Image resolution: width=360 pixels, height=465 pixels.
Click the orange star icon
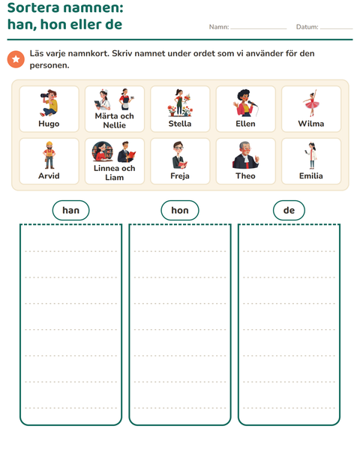coord(16,59)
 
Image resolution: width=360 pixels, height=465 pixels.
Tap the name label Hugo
coord(49,124)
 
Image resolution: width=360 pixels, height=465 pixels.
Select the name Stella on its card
coord(180,124)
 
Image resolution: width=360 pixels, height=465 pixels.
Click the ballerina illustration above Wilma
coord(311,103)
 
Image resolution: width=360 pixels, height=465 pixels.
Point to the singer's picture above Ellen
coord(245,103)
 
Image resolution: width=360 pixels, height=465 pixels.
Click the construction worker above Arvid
coord(49,155)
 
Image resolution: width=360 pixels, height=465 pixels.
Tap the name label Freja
coord(180,175)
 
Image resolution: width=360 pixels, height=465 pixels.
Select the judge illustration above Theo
coord(245,155)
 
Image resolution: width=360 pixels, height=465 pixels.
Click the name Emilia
coord(311,175)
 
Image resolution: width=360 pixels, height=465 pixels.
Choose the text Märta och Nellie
coord(115,121)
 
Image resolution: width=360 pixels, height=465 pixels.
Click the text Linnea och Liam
coord(115,172)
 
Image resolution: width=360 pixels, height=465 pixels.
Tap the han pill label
coord(70,210)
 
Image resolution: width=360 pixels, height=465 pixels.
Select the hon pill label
coord(180,210)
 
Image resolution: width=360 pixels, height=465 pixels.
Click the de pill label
coord(289,210)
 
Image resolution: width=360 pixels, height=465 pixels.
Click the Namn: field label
coord(219,27)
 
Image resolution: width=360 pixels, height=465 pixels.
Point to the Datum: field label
coord(307,27)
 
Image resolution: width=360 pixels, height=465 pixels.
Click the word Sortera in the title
coord(33,7)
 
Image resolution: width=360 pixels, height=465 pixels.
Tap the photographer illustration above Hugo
coord(49,103)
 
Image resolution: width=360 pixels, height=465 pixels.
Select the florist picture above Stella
coord(180,103)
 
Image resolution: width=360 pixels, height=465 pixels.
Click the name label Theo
coord(245,175)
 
